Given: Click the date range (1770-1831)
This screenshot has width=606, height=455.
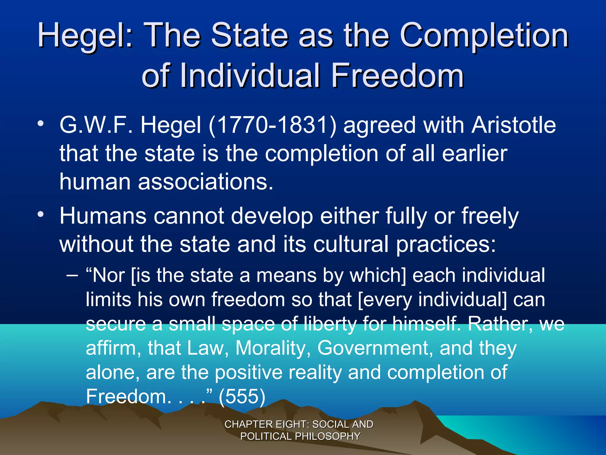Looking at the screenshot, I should [x=273, y=125].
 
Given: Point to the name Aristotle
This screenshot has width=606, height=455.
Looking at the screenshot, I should [x=513, y=125].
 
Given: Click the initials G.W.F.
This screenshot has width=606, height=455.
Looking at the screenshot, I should [x=96, y=125].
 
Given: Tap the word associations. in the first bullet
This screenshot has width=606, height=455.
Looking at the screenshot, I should [x=206, y=182].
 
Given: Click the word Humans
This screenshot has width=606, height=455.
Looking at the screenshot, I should [x=103, y=216].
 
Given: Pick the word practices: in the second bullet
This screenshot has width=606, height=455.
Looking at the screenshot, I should [x=446, y=244].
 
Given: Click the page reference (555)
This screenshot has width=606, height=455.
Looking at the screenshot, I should [x=242, y=396].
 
